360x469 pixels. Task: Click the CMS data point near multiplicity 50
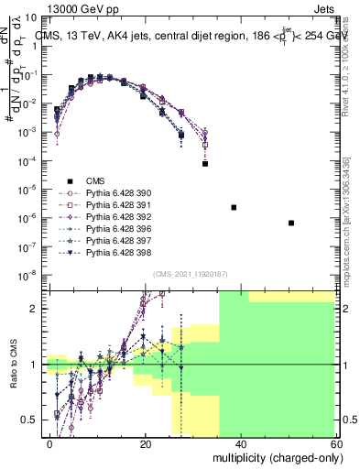[290, 223]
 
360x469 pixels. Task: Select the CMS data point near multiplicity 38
[234, 208]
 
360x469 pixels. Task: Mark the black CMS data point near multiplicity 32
[205, 164]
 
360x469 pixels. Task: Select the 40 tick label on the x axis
[241, 442]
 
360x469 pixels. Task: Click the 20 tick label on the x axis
[146, 442]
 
